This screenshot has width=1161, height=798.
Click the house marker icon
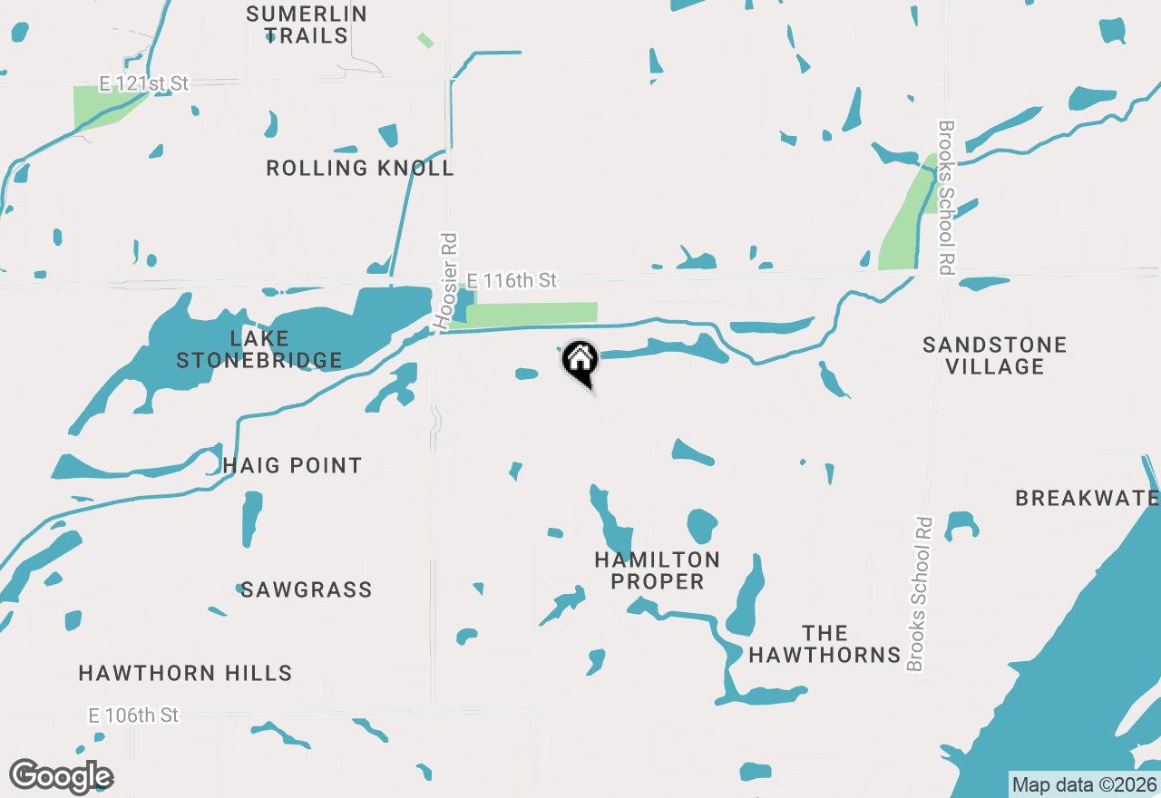(x=580, y=361)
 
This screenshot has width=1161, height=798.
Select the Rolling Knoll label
(x=360, y=168)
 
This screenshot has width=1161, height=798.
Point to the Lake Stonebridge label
(x=259, y=349)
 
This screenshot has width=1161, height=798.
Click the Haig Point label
(x=292, y=465)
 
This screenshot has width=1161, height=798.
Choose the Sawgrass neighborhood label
(x=307, y=589)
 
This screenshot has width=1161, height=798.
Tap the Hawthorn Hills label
(x=185, y=673)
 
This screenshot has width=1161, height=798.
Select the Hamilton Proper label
(x=658, y=570)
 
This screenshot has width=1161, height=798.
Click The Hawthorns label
(x=824, y=644)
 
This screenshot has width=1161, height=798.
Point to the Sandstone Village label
(x=995, y=355)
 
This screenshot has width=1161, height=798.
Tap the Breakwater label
(x=1087, y=498)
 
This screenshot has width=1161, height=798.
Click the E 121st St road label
(x=143, y=83)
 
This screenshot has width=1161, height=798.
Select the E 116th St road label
(x=512, y=281)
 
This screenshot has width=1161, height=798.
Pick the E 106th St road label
(x=133, y=715)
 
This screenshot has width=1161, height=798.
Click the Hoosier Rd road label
(x=446, y=280)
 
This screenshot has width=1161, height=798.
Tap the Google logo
(x=61, y=777)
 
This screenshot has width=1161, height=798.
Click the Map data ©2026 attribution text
(x=1084, y=784)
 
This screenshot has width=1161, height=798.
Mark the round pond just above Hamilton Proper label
(x=702, y=525)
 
